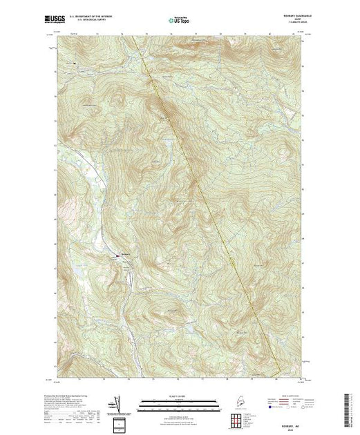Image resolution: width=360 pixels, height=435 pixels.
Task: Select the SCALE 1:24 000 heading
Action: (178, 398)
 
